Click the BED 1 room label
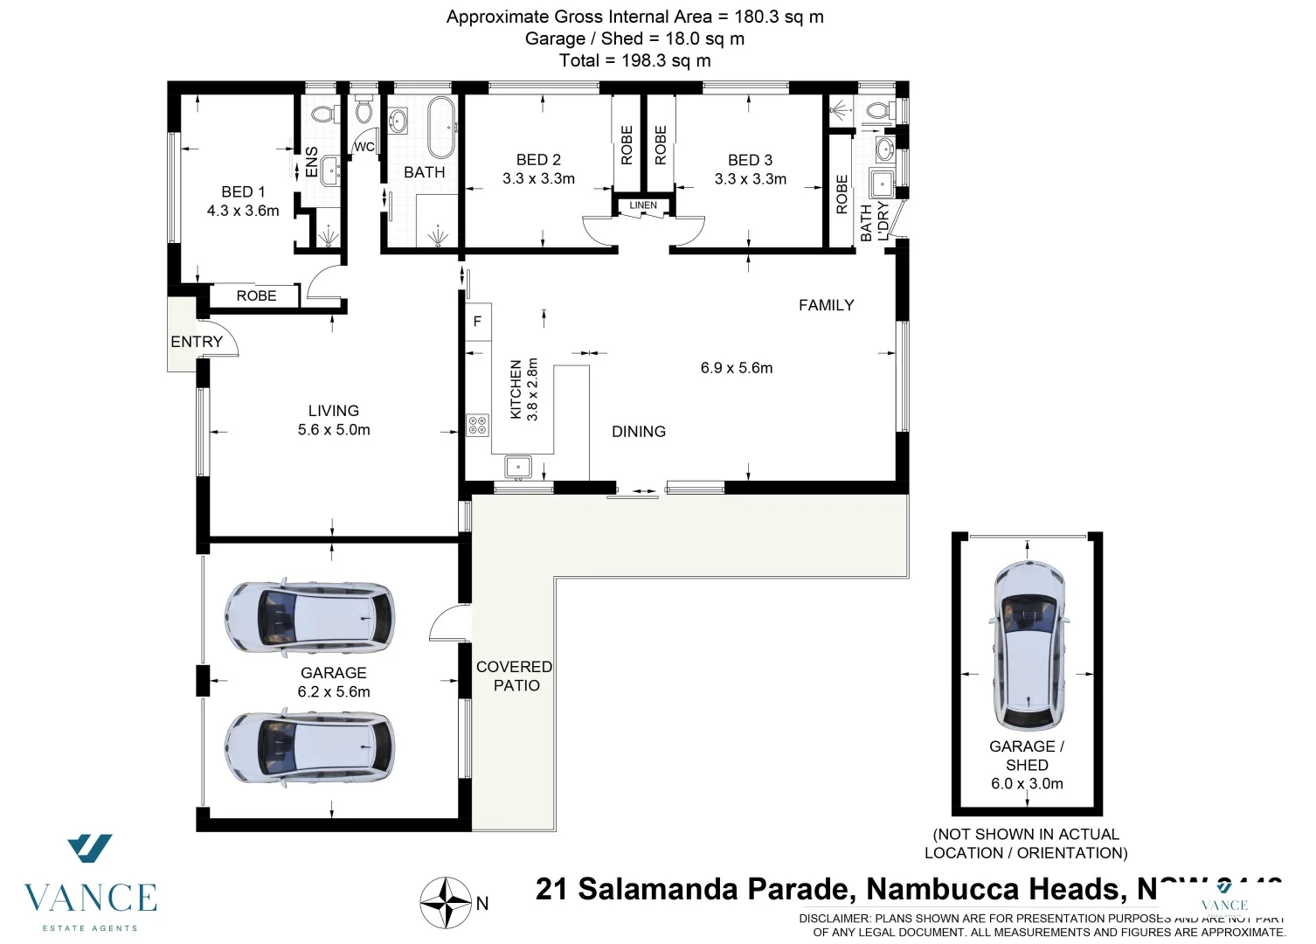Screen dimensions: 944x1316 (243, 191)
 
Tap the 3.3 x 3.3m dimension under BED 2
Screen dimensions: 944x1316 (538, 179)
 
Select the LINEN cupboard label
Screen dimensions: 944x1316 (643, 205)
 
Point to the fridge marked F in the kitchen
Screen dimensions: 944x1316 (477, 322)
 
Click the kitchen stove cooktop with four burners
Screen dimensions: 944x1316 (478, 426)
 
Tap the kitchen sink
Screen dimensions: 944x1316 (518, 468)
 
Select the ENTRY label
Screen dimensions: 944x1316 (197, 342)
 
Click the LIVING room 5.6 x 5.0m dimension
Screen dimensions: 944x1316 (334, 430)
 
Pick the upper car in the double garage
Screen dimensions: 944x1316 (309, 616)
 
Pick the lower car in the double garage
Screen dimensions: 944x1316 (309, 749)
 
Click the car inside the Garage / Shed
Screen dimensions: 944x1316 (1028, 647)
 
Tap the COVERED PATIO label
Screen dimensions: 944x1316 (514, 676)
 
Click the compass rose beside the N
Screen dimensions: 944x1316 (447, 903)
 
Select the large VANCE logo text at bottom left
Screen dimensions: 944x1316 (90, 898)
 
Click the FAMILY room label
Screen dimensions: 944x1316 (826, 305)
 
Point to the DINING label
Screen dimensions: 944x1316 (639, 432)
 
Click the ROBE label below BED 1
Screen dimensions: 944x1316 (256, 296)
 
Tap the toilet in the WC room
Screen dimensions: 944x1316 (364, 111)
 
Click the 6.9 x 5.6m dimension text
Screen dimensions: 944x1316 (737, 368)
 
